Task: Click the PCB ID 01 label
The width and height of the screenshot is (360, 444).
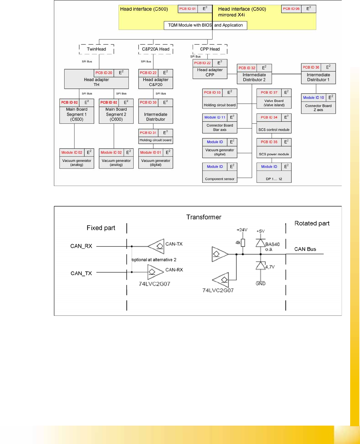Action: pos(187,9)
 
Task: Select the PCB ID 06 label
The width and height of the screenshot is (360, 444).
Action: pos(291,9)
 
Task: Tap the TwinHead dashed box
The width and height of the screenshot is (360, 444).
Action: pos(96,49)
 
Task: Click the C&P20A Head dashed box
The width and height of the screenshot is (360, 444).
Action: pos(156,49)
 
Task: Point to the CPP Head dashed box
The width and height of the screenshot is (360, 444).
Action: pos(210,49)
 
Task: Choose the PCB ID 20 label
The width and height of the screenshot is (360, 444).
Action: pos(104,73)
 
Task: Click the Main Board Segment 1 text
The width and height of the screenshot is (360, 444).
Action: pos(77,114)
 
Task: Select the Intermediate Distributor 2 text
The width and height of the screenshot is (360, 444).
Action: pos(254,77)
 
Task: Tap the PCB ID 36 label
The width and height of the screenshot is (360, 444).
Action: pos(311,68)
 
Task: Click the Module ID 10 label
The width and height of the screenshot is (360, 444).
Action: pos(313,98)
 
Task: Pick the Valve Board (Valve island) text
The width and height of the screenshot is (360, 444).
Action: pos(274,103)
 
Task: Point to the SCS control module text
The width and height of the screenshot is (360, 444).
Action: pos(274,130)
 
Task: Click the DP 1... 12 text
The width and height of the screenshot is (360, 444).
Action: pos(274,179)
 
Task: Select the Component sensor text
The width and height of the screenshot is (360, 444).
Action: pos(219,179)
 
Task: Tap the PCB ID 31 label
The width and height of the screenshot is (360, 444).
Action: pos(148,133)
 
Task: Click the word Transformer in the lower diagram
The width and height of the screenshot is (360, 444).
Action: pos(204,217)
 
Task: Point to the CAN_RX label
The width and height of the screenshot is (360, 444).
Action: pos(81,246)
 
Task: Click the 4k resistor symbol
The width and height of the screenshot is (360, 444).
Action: pos(243,243)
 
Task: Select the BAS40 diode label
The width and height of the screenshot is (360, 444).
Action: pos(272,244)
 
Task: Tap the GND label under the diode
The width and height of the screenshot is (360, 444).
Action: pos(260,283)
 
